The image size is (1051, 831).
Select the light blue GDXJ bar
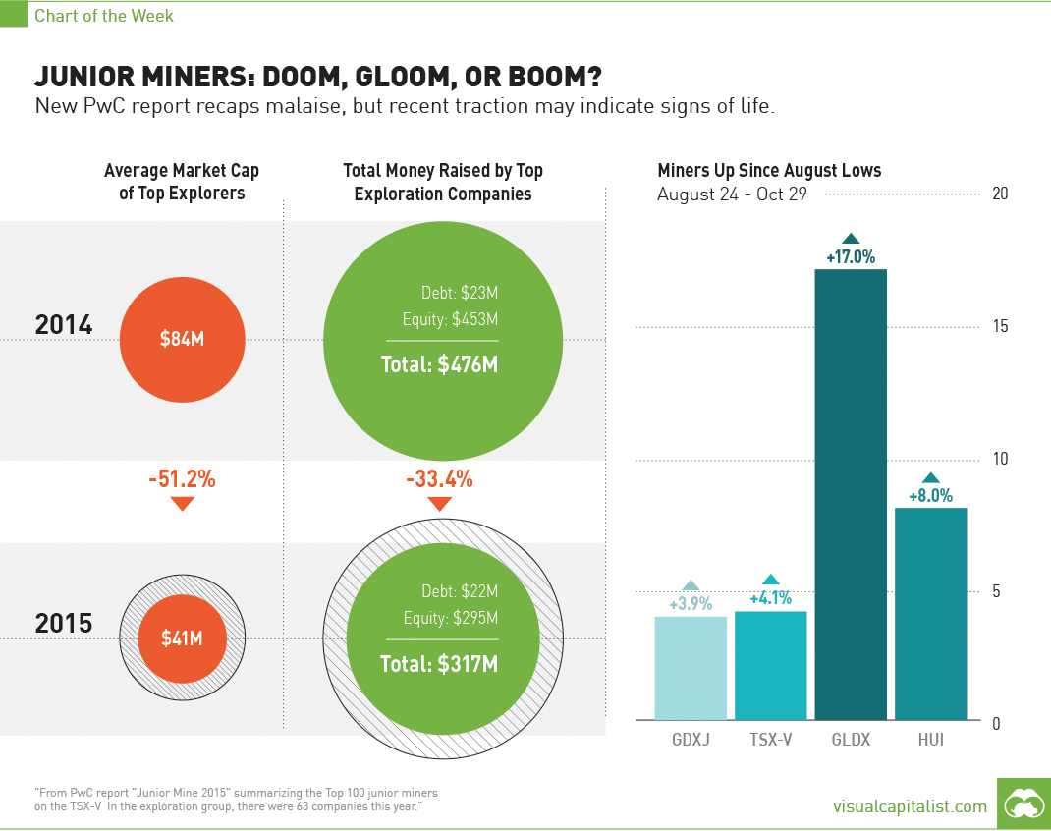691,668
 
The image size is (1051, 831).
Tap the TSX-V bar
771,665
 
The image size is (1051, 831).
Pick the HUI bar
931,613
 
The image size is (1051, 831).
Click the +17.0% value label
851,258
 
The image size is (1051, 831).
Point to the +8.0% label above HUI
931,496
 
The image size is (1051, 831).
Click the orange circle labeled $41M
182,638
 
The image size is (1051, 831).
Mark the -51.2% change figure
182,480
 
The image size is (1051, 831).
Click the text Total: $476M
440,365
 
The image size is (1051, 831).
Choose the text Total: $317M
440,664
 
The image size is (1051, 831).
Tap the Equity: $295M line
451,618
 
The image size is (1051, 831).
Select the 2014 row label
64,324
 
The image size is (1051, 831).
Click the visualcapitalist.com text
909,806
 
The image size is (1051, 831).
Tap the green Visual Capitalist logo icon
1023,804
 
